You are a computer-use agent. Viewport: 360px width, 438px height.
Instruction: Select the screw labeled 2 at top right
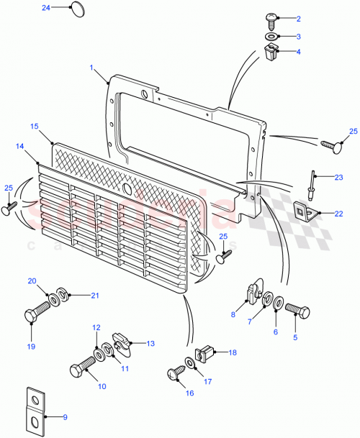click(271, 18)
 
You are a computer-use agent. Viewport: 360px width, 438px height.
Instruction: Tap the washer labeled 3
click(271, 36)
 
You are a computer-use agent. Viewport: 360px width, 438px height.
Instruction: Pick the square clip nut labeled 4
click(271, 52)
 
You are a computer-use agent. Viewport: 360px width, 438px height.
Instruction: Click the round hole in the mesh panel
click(127, 188)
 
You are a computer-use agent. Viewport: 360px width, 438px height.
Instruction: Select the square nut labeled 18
click(205, 352)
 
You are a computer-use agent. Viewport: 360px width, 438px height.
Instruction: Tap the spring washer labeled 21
click(63, 293)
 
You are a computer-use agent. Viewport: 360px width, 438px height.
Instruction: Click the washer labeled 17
click(189, 363)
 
